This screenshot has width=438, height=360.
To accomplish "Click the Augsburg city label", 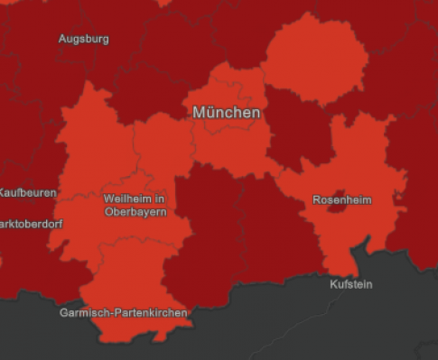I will [83, 39].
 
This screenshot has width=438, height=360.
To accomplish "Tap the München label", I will [227, 113].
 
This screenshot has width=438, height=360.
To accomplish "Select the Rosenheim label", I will [341, 199].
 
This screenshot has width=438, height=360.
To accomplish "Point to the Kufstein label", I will [350, 284].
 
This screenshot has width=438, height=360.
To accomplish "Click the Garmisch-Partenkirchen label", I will [124, 313].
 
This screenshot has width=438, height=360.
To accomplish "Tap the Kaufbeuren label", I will [27, 192].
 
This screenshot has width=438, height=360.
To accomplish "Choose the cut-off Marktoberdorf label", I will [31, 223].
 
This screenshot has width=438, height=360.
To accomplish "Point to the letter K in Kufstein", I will [332, 284].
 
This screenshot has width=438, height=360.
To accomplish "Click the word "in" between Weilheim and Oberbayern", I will [160, 198].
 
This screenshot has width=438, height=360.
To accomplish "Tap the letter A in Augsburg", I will [61, 39].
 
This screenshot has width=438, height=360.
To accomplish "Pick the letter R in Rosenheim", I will [316, 199].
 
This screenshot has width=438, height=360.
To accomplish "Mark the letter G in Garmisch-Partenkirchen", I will [63, 313].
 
